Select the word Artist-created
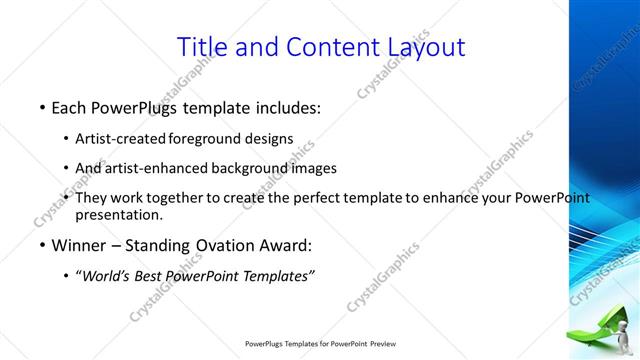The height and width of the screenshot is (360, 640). click(121, 138)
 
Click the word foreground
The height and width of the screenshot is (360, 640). click(207, 138)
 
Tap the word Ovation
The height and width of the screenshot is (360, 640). click(211, 245)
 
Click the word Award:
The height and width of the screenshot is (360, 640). click(282, 245)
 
